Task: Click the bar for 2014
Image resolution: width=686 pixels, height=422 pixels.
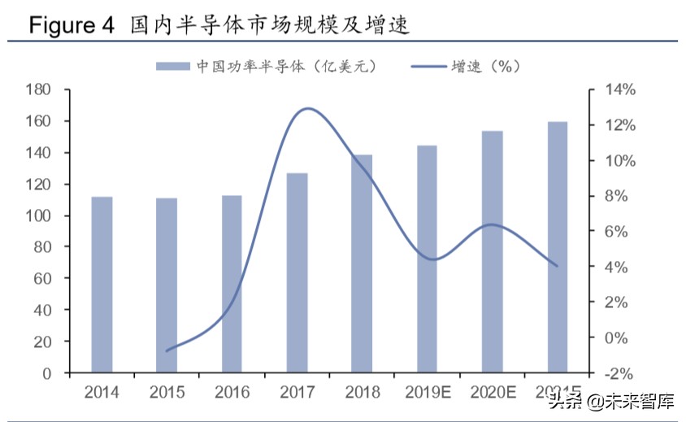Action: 102,285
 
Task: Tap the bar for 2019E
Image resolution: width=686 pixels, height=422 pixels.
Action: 428,259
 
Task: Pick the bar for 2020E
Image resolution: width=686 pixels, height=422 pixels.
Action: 493,252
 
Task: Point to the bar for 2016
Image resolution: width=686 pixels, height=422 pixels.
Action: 232,284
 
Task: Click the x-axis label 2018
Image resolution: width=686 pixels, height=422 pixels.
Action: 363,393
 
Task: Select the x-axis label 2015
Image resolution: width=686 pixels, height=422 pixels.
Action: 167,393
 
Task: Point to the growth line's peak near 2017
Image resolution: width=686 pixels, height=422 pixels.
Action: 307,108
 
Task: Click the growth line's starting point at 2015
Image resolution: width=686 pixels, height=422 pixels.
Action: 167,351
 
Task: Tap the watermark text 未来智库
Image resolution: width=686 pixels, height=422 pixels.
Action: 641,401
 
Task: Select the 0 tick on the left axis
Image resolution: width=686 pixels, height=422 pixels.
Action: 50,373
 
